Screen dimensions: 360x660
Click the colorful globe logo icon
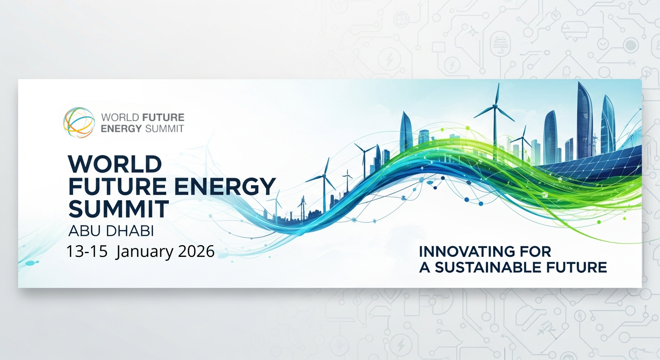(79, 122)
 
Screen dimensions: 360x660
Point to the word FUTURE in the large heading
(117, 187)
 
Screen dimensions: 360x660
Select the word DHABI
(130, 231)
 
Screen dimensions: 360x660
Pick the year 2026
(196, 252)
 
